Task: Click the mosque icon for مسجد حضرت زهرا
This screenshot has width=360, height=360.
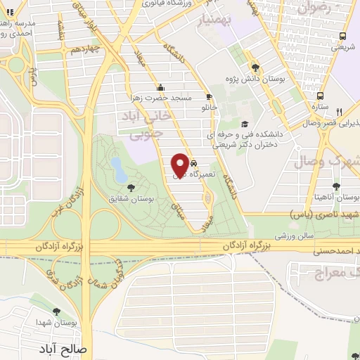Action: (x=161, y=87)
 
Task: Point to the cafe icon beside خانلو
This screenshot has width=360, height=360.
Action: (x=208, y=97)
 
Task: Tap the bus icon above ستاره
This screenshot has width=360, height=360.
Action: (x=321, y=96)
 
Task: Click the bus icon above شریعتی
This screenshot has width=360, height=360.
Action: (x=340, y=37)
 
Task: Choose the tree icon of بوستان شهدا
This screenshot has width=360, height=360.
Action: (x=56, y=311)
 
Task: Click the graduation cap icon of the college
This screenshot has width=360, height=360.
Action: (x=244, y=122)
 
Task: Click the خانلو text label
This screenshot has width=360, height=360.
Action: (x=210, y=108)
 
